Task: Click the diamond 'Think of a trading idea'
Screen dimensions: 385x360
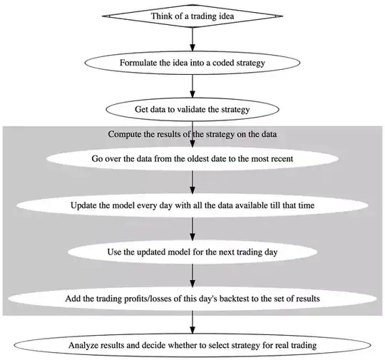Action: tap(192, 16)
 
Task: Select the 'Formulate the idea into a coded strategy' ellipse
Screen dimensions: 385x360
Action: tap(192, 63)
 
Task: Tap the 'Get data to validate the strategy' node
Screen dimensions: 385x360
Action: tap(192, 110)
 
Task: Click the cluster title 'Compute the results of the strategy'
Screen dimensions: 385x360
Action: tap(192, 134)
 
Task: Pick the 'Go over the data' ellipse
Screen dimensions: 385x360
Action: tap(192, 159)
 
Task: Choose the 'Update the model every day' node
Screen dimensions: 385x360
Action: tap(192, 205)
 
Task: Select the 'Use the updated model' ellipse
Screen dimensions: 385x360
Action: tap(192, 252)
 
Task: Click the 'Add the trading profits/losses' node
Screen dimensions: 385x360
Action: tap(192, 299)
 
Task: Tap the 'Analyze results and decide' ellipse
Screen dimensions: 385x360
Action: tap(192, 345)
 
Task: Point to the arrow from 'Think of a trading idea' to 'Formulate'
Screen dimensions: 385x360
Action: tap(192, 39)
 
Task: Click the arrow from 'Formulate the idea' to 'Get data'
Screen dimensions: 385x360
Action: tap(192, 86)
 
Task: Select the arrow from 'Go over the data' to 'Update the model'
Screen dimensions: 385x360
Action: tap(192, 182)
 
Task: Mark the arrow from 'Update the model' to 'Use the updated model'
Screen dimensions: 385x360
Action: tap(192, 229)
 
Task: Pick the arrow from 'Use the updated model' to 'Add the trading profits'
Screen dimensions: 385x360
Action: tap(192, 275)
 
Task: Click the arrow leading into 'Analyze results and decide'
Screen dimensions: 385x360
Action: tap(192, 322)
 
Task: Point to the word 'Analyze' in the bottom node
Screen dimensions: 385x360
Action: tap(80, 346)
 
